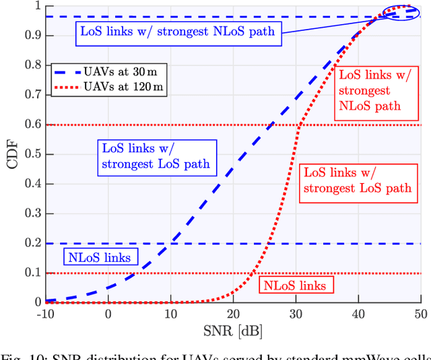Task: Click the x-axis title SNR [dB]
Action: (x=233, y=332)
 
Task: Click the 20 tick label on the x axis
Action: (x=233, y=314)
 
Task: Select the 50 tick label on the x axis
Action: (x=419, y=314)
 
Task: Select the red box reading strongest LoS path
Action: (x=357, y=180)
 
